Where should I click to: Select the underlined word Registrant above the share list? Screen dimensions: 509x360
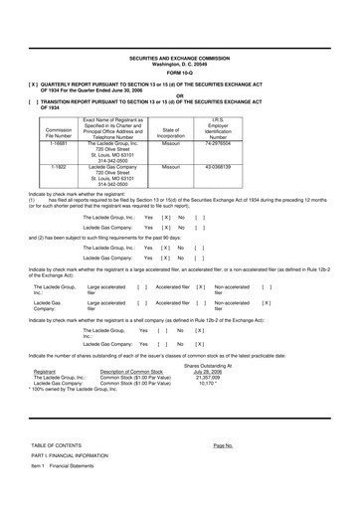pyautogui.click(x=45, y=402)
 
